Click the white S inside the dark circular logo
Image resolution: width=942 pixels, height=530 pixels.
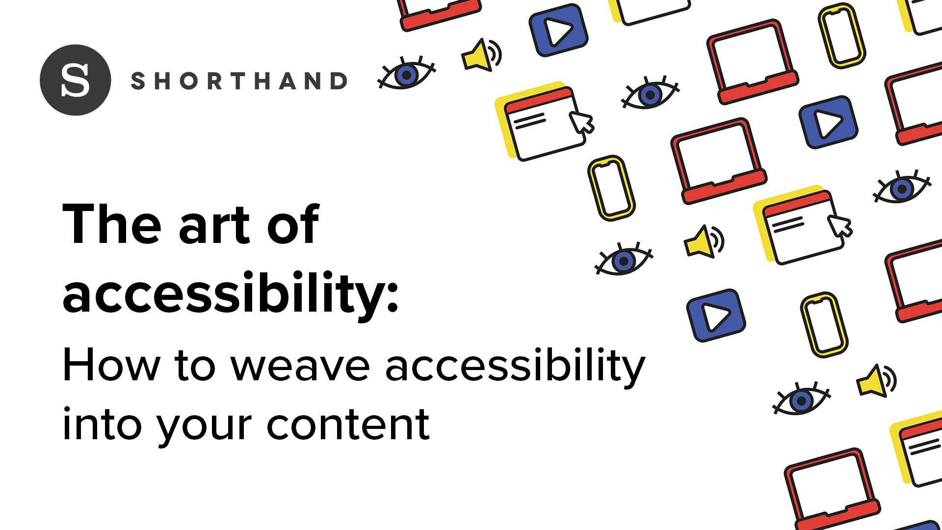point(76,80)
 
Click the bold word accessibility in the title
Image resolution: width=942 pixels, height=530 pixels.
point(224,293)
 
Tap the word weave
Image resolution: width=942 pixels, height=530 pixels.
point(300,369)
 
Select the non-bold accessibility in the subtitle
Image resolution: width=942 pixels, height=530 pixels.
point(515,369)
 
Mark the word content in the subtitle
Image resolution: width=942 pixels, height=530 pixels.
point(348,424)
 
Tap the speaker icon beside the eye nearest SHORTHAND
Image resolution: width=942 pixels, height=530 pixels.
point(481,54)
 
